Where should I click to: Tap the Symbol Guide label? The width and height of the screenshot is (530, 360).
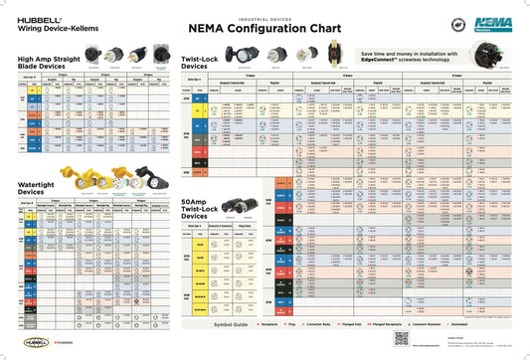pyautogui.click(x=233, y=324)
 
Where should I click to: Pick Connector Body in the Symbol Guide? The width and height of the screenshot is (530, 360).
pyautogui.click(x=332, y=324)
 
